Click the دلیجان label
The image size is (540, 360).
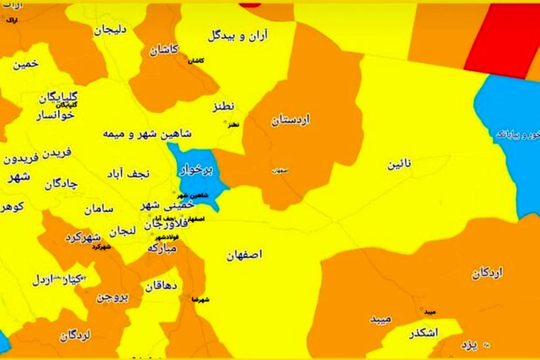[x=110, y=31]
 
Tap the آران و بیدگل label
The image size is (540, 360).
[x=238, y=36]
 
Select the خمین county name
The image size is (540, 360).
[x=26, y=64]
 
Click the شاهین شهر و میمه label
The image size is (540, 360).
[x=147, y=134]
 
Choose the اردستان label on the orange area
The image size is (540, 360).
[x=290, y=121]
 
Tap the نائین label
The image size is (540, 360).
[x=399, y=165]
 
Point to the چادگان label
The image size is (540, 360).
[x=61, y=184]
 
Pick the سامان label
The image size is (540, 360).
[x=99, y=209]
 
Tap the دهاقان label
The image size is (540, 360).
[x=161, y=286]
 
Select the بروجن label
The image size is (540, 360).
[x=112, y=297]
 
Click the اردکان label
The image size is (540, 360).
[x=487, y=273]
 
